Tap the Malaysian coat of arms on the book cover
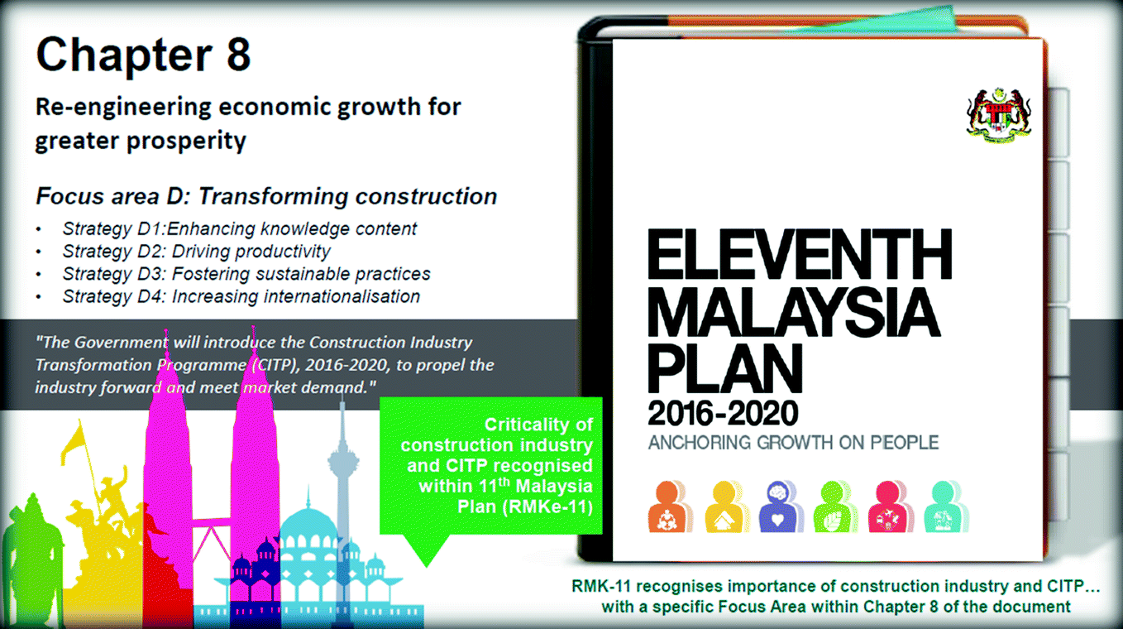coord(999,115)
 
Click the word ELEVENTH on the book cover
coord(800,254)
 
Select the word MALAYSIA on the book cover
coord(794,313)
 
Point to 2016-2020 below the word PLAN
coord(723,414)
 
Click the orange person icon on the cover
coord(670,507)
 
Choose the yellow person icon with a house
coord(727,507)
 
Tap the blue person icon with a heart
coord(781,507)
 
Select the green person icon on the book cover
coord(835,507)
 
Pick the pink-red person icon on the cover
coord(891,507)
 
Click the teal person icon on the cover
coord(945,507)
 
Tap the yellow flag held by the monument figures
coord(72,444)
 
